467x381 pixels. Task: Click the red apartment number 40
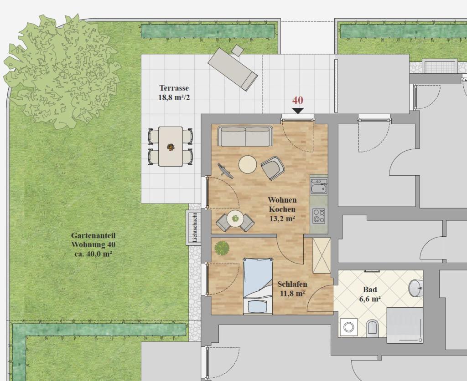coord(297,101)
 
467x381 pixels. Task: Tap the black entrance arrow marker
coord(298,111)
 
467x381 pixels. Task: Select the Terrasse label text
coord(174,88)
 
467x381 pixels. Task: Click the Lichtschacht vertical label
coord(195,228)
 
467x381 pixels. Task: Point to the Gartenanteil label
coord(93,235)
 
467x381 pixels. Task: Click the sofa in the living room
coord(245,137)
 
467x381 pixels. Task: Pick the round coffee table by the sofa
coord(248,165)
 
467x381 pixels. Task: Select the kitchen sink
coord(319,186)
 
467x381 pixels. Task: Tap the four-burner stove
coord(319,216)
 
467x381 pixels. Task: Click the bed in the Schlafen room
coord(258,285)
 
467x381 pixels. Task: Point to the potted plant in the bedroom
coord(222,248)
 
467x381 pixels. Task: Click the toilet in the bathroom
coord(372,327)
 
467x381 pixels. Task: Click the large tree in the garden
coord(62,71)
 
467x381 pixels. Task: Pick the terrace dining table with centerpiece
coord(171,147)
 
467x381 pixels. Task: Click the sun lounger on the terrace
coord(233,69)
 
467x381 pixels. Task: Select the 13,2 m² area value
coord(282,219)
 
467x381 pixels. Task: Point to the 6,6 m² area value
coord(370,299)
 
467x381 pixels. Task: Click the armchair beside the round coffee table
coord(273,168)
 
